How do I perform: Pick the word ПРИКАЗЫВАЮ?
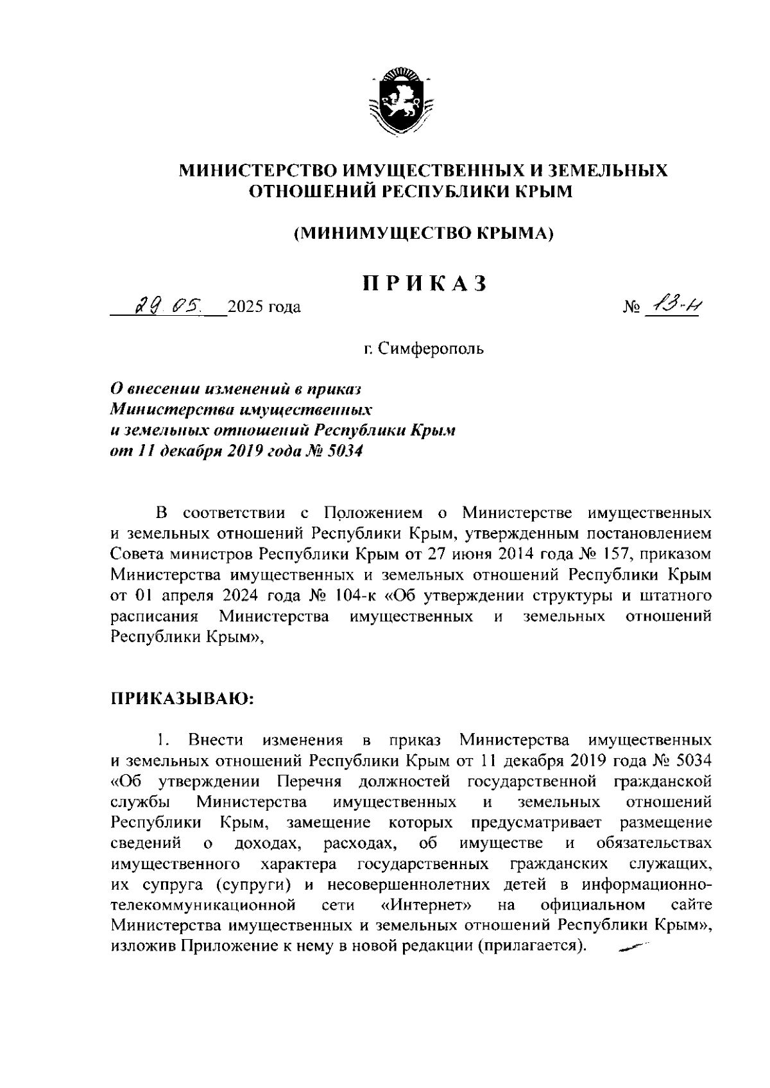coord(183,698)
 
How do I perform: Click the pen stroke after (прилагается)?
coord(631,945)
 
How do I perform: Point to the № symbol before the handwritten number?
coord(631,308)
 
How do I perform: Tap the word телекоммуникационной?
coord(203,905)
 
